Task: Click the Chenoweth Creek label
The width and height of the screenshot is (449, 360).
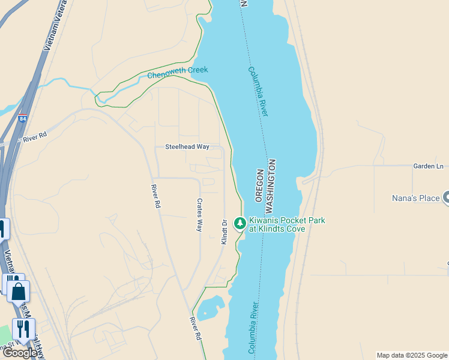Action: coord(178,72)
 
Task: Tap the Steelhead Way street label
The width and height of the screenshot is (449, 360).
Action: coord(187,146)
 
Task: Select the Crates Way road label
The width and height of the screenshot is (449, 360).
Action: coord(200,215)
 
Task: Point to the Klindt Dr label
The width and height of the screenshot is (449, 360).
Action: coord(224,231)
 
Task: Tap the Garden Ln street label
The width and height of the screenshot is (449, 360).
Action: coord(427,166)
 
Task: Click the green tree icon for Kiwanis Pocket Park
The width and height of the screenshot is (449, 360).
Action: coord(240,224)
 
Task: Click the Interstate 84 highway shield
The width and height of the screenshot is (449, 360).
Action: coord(23,119)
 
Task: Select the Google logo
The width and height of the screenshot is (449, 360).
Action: coord(19,353)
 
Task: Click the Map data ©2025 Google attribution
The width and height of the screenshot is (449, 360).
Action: coord(412,355)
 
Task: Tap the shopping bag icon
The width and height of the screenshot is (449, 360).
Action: coord(18,292)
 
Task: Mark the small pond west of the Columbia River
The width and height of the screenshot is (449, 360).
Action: coord(210,307)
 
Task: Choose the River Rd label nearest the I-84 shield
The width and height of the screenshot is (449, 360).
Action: coord(34,139)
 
